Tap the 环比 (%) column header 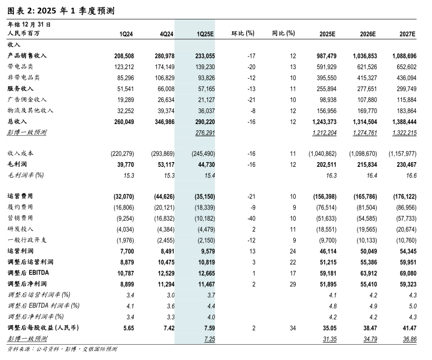pyautogui.click(x=243, y=34)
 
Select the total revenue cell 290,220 pyautogui.click(x=203, y=121)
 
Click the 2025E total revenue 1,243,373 pyautogui.click(x=324, y=121)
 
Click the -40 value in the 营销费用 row pyautogui.click(x=251, y=217)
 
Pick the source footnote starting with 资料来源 pyautogui.click(x=62, y=349)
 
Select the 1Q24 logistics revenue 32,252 pyautogui.click(x=125, y=110)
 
